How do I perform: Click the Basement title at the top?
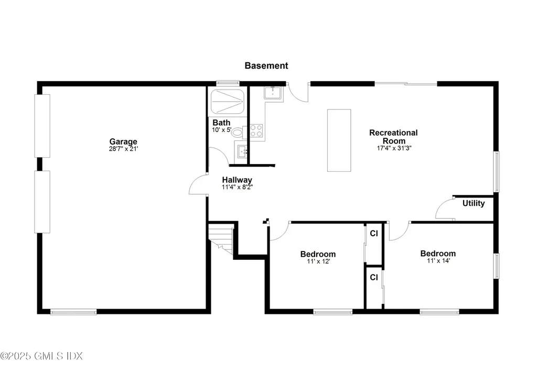pos(266,65)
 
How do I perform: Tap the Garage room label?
pos(123,141)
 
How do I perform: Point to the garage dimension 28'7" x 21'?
pos(123,149)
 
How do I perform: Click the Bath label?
pos(221,123)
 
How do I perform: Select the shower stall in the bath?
pos(227,102)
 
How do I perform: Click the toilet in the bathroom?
pos(237,132)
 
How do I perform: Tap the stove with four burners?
pos(256,130)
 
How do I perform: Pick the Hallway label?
pos(237,180)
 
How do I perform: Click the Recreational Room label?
pos(393,137)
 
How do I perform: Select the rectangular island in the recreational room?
pos(339,140)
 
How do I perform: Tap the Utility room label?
pos(473,203)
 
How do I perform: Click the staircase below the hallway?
pos(221,238)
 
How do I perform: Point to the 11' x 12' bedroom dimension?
pos(318,261)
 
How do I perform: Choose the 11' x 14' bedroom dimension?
pos(438,260)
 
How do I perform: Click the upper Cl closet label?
pos(374,234)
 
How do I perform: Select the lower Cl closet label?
pos(374,277)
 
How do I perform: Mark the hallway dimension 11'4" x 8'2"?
pos(237,187)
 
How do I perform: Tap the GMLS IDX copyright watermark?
pos(42,356)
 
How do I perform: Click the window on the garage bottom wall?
pos(73,312)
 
